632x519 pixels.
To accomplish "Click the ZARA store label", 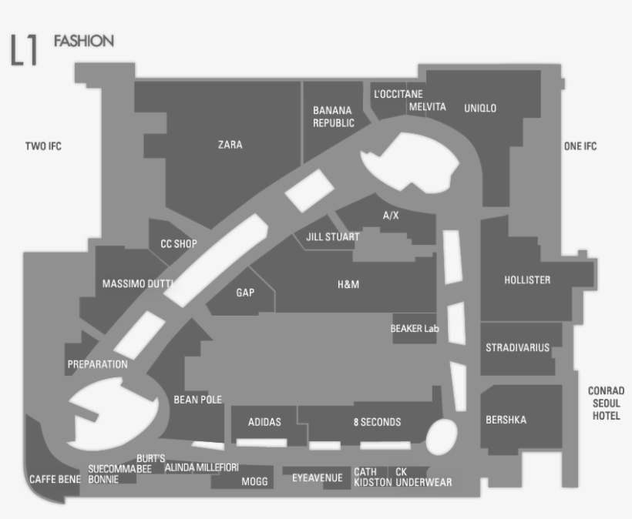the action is point(230,145).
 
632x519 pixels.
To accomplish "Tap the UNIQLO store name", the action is point(480,108).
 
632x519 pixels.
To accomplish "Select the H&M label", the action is point(348,284).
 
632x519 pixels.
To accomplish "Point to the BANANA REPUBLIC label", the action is point(333,116).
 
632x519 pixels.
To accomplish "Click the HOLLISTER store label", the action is point(527,280).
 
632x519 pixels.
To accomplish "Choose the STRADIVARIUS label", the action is point(517,347).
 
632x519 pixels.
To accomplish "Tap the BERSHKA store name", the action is point(506,420).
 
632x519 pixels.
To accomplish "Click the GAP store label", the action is point(245,293).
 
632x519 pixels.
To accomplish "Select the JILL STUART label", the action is point(332,236).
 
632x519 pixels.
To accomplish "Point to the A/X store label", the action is point(391,216).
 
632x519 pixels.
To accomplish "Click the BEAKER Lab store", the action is point(415,329).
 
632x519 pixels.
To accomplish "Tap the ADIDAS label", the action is point(264,422).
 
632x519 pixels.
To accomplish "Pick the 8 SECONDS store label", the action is point(377,422).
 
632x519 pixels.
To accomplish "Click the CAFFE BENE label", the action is point(55,479).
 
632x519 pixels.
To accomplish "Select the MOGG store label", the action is point(254,481).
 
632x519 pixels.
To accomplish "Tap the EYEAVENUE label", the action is point(318,478).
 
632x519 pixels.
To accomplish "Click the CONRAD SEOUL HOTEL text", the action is point(607,403).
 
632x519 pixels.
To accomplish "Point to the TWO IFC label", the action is point(43,146).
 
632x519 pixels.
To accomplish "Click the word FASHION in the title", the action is point(84,41).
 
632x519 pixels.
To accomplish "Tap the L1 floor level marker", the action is point(24,49).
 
